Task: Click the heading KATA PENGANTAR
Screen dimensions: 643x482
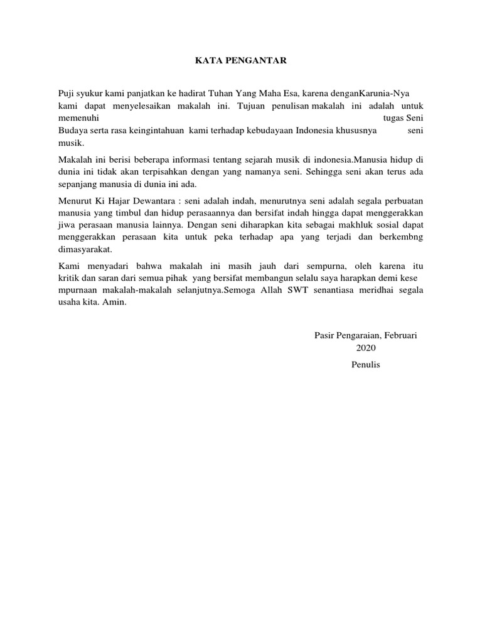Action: tap(240, 61)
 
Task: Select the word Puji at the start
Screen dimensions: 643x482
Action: tap(66, 94)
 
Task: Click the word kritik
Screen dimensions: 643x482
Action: tap(68, 278)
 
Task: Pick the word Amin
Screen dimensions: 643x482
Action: tap(115, 302)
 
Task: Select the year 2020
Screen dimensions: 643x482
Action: tap(366, 348)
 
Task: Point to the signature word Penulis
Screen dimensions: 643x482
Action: tap(366, 365)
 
